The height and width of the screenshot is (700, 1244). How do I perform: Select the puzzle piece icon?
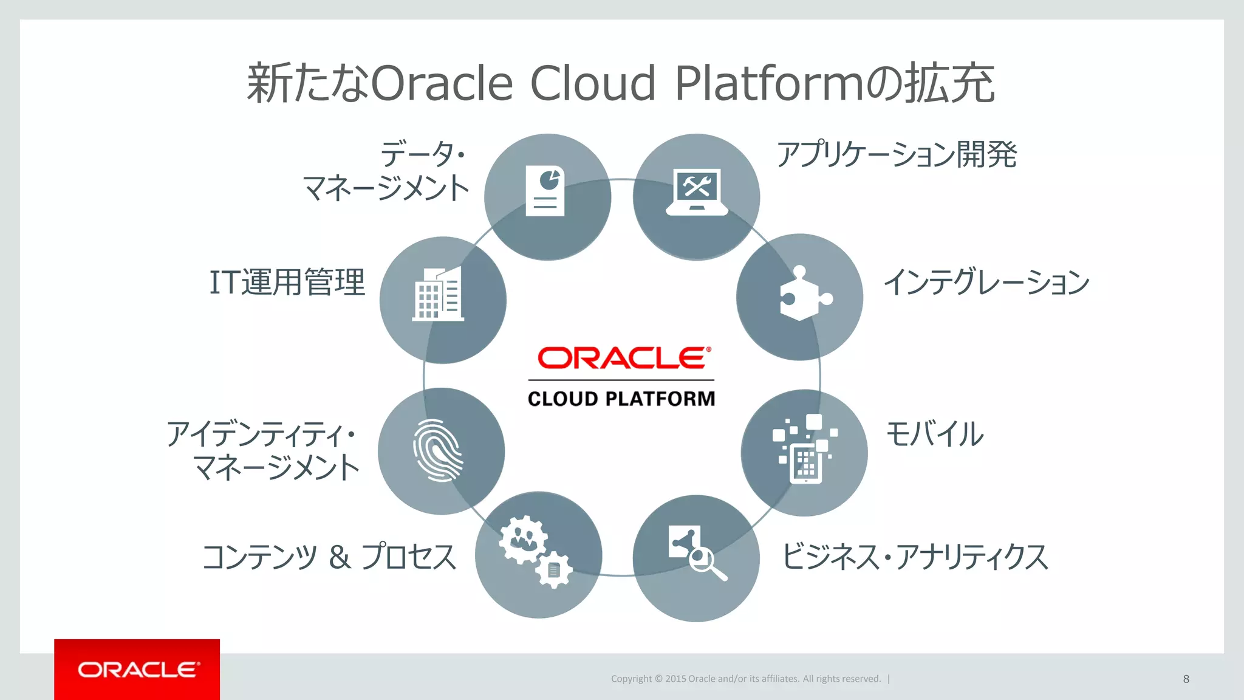pos(804,294)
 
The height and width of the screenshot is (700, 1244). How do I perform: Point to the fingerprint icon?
pos(438,450)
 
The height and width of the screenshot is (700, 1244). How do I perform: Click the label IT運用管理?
pos(287,283)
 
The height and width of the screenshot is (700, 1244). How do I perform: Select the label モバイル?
pos(935,434)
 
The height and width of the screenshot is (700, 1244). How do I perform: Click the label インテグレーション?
pos(986,283)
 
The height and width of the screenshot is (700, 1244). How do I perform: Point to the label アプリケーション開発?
pos(897,154)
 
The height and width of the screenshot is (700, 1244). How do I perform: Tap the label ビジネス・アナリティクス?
pos(915,557)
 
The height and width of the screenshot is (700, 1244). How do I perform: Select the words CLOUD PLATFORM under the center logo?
pos(621,399)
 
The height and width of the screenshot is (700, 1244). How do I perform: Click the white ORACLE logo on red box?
pos(138,670)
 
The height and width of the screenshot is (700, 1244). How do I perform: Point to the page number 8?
pos(1186,679)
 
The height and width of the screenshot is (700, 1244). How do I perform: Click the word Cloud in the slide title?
pos(593,83)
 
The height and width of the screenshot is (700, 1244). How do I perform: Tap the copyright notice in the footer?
pos(745,679)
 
